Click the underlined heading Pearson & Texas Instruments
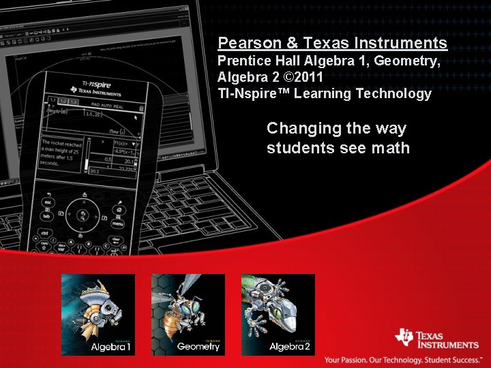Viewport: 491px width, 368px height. (332, 43)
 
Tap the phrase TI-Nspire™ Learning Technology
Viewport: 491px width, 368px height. (324, 93)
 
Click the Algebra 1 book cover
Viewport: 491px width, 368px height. (98, 314)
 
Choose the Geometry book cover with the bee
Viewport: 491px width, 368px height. (188, 314)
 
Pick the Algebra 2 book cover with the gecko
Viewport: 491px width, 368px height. (278, 314)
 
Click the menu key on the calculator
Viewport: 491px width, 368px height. (118, 224)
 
